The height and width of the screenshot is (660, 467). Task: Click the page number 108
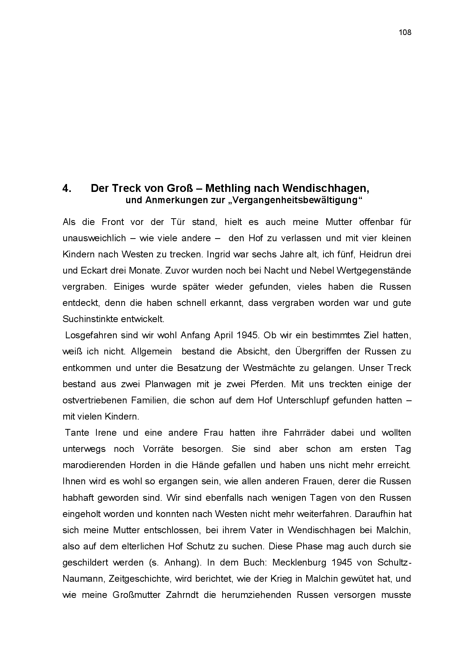[x=405, y=32]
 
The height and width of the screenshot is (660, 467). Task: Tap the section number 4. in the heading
[x=67, y=188]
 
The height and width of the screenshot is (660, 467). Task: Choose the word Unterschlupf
[x=299, y=400]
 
